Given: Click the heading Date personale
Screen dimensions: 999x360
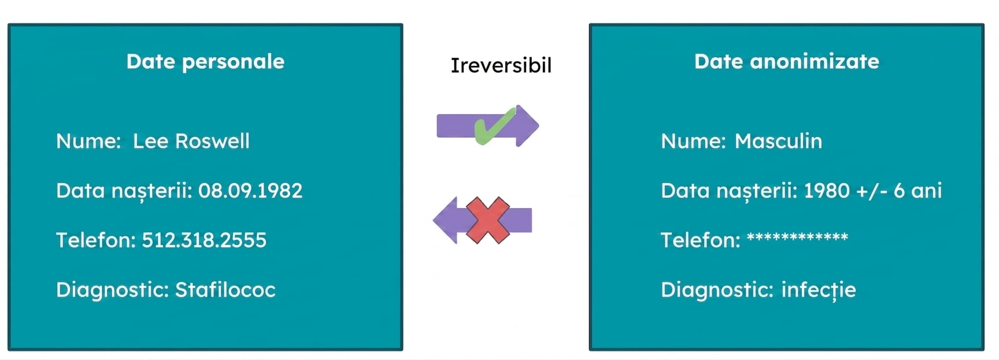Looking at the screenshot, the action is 205,62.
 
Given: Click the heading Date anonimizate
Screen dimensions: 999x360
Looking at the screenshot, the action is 786,61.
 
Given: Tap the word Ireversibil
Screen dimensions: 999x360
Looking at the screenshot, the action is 501,65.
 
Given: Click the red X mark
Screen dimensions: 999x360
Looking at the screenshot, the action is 488,220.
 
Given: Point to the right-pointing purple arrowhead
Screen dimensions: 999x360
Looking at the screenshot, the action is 527,125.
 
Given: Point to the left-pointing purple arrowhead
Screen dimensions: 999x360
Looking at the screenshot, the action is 445,220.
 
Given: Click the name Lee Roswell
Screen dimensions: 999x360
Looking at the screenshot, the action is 191,141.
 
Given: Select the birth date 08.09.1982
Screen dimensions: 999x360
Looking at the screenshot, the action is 250,191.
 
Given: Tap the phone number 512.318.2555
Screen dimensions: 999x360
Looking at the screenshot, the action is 204,240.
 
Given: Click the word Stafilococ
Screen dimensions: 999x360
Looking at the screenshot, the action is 225,290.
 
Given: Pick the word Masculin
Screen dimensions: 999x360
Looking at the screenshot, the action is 778,141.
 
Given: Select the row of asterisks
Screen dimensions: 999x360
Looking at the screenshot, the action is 797,237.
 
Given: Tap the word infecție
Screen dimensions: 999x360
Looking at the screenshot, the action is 819,290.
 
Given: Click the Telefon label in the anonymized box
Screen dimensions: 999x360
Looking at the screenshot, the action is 701,240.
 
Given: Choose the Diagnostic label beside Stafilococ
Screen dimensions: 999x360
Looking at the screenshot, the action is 113,290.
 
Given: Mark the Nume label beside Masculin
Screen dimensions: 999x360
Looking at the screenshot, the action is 693,141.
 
